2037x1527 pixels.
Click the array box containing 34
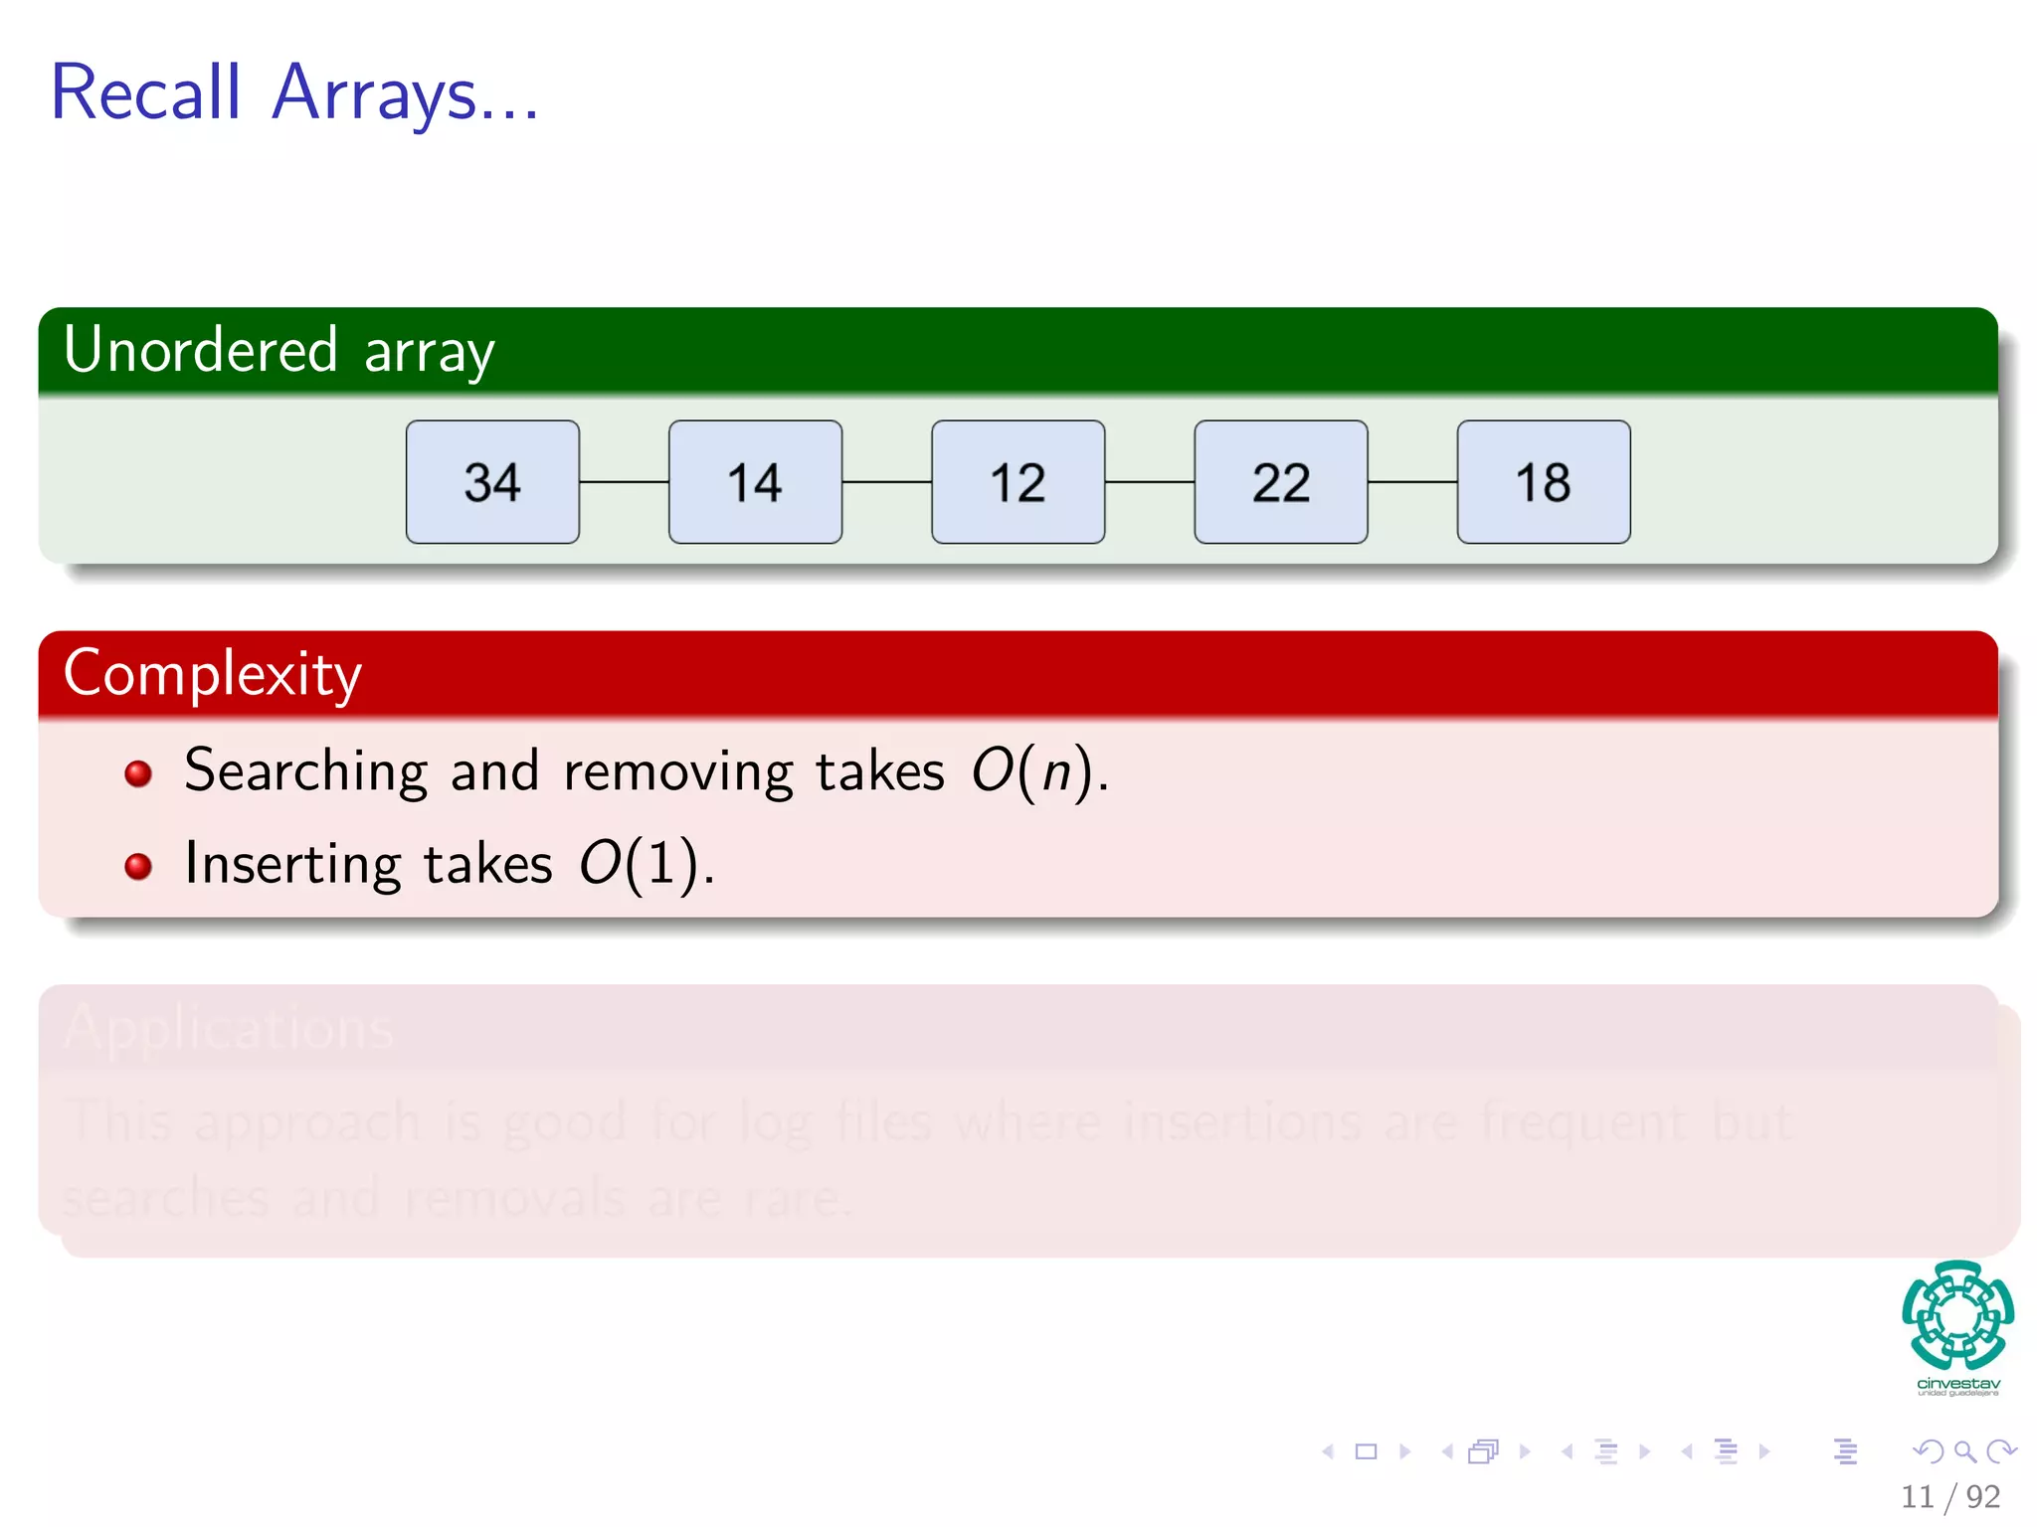(x=492, y=482)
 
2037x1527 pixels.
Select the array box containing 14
(x=755, y=482)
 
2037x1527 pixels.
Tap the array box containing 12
(x=1018, y=482)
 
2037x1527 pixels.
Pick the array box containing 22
(x=1280, y=482)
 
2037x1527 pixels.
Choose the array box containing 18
(x=1543, y=482)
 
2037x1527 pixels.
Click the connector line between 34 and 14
(x=624, y=482)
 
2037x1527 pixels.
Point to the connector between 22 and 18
(x=1412, y=482)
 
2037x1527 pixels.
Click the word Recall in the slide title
(x=146, y=92)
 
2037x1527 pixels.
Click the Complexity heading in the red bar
(x=212, y=674)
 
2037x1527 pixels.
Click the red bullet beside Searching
(x=138, y=773)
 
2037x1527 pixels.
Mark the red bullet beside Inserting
(x=138, y=866)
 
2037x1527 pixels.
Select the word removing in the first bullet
(x=678, y=771)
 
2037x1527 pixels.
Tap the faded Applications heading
(x=229, y=1028)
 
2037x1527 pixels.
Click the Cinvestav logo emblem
(x=1957, y=1314)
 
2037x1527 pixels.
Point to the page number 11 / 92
(x=1949, y=1496)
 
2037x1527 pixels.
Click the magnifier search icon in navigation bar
(x=1964, y=1451)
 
